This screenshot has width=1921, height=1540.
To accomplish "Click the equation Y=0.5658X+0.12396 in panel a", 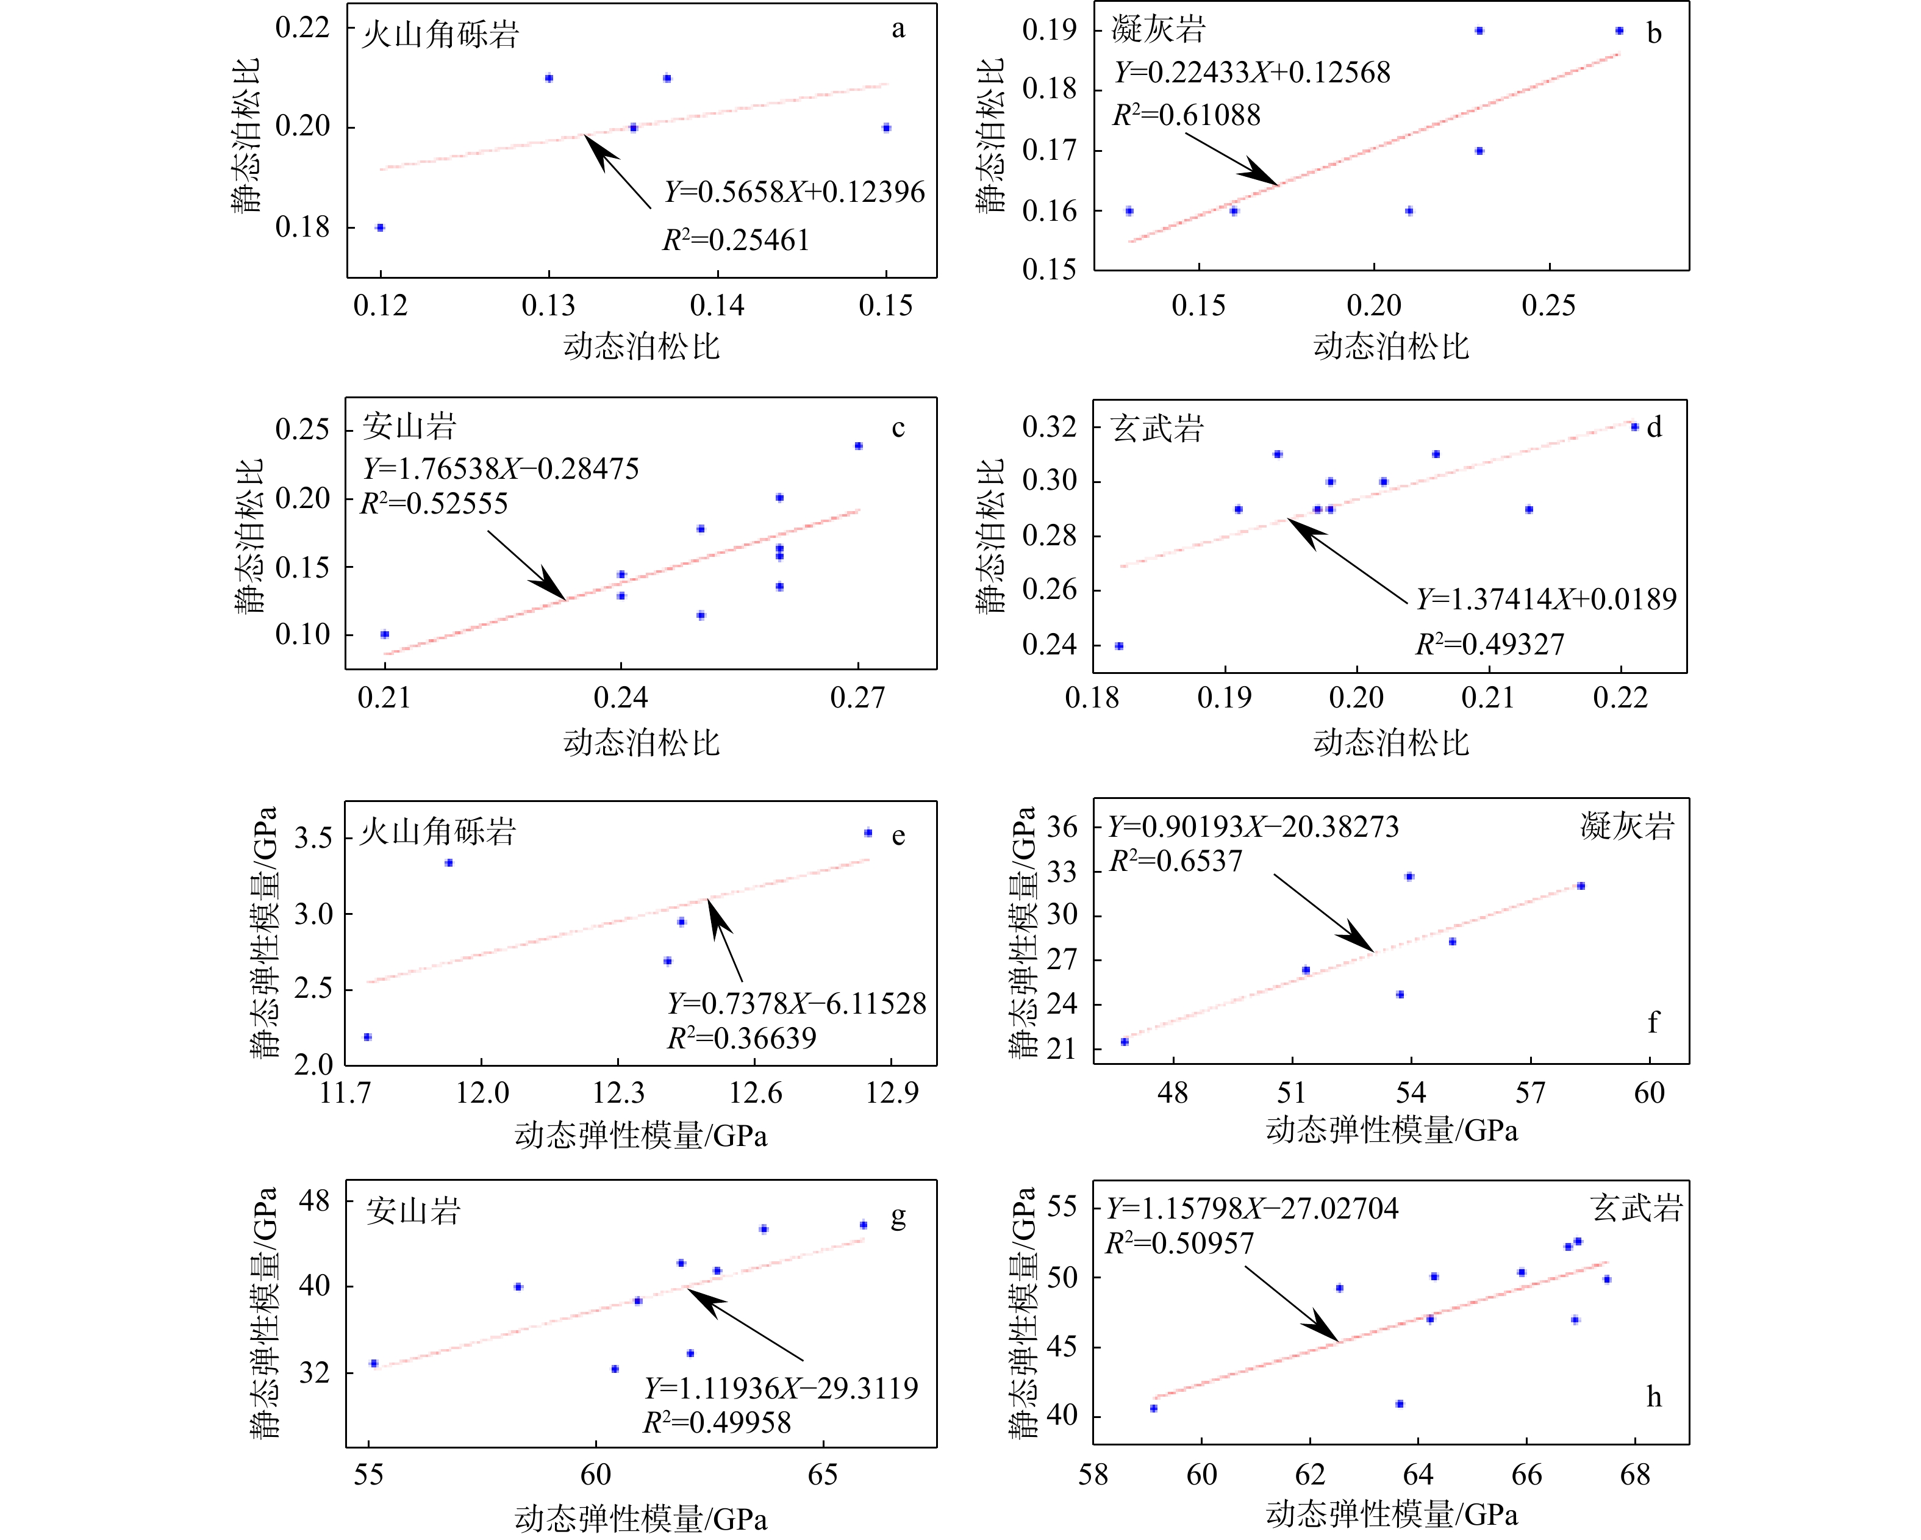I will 794,193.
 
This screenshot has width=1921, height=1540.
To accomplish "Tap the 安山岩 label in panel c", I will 409,427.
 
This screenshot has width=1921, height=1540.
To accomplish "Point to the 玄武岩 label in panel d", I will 1156,429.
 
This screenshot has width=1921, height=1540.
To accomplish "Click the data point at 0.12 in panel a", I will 381,228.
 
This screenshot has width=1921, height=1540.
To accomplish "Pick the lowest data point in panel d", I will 1119,646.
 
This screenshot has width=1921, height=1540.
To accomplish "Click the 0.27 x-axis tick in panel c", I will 857,697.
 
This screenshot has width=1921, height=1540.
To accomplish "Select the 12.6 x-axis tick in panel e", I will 756,1092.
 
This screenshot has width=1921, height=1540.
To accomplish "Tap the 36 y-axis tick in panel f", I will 1061,827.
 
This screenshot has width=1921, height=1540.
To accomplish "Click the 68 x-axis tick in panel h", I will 1635,1475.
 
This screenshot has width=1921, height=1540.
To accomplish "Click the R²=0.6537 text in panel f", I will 1175,862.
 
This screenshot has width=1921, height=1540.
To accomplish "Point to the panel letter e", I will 898,836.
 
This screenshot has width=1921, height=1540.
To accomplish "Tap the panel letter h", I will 1654,1397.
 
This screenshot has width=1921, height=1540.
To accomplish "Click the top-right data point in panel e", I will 868,833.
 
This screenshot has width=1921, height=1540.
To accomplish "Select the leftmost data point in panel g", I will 373,1364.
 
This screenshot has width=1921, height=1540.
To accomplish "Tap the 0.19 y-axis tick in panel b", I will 1049,31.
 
